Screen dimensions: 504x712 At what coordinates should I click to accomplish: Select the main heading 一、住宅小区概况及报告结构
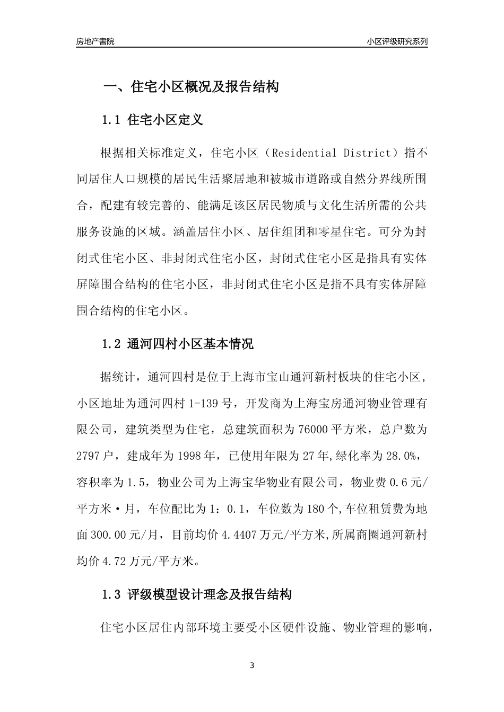[190, 87]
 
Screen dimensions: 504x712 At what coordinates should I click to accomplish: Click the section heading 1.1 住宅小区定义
[152, 120]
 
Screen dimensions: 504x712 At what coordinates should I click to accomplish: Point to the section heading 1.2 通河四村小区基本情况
[177, 344]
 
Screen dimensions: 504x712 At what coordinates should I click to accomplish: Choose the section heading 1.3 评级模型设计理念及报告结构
[196, 594]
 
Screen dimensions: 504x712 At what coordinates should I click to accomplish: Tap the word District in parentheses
[366, 153]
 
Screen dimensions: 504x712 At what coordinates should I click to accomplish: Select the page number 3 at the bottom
[252, 665]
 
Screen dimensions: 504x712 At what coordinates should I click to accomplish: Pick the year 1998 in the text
[178, 456]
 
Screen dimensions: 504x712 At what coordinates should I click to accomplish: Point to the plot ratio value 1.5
[133, 482]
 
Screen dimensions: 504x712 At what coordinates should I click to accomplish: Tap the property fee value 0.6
[397, 482]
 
